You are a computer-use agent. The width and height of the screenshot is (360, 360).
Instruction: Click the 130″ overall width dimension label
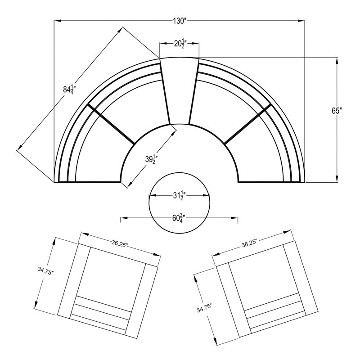[179, 21]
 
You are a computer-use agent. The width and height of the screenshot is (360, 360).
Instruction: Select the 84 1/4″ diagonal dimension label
[68, 90]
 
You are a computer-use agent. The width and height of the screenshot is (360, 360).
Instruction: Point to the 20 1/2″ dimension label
[180, 43]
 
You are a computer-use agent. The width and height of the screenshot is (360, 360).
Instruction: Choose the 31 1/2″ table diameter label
[179, 196]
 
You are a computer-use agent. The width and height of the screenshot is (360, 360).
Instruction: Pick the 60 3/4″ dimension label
[179, 218]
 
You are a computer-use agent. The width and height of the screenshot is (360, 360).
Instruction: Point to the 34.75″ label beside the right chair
[204, 308]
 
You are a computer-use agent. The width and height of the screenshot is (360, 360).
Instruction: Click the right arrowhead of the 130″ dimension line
[301, 21]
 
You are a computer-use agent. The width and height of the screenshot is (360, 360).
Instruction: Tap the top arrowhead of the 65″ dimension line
[337, 61]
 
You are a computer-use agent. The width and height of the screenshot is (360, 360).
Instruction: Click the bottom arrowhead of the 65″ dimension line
[337, 179]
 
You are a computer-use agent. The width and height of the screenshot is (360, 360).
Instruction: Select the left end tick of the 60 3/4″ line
[121, 219]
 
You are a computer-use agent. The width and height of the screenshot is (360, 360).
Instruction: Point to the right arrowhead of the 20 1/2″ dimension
[195, 43]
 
